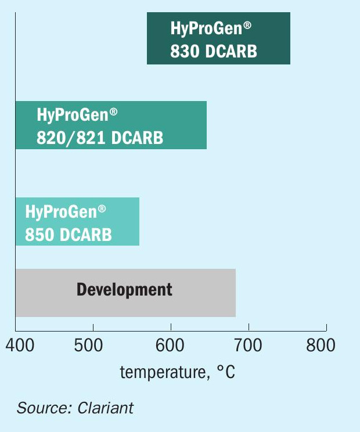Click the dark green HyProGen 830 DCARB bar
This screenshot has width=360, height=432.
point(218,38)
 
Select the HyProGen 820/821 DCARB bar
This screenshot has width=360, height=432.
point(111,125)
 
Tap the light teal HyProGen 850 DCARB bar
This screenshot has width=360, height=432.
point(77,221)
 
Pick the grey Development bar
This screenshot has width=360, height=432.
point(125,293)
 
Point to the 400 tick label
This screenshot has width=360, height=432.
point(20,345)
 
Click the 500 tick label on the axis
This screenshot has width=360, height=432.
point(88,345)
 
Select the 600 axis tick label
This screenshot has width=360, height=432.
point(170,345)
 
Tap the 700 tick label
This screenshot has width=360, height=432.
point(248,345)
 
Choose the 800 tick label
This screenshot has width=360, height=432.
point(321,345)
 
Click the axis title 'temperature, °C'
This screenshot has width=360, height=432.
point(177,372)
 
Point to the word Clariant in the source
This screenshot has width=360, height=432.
point(106,408)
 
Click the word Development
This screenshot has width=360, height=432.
point(124,290)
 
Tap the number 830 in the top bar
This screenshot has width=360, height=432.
point(185,51)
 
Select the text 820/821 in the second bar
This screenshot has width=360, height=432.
point(71,138)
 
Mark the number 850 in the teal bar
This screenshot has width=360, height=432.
point(39,235)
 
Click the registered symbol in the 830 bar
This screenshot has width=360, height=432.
point(247,26)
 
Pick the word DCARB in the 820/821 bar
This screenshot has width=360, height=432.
point(137,138)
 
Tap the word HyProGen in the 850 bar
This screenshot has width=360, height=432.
point(61,212)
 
